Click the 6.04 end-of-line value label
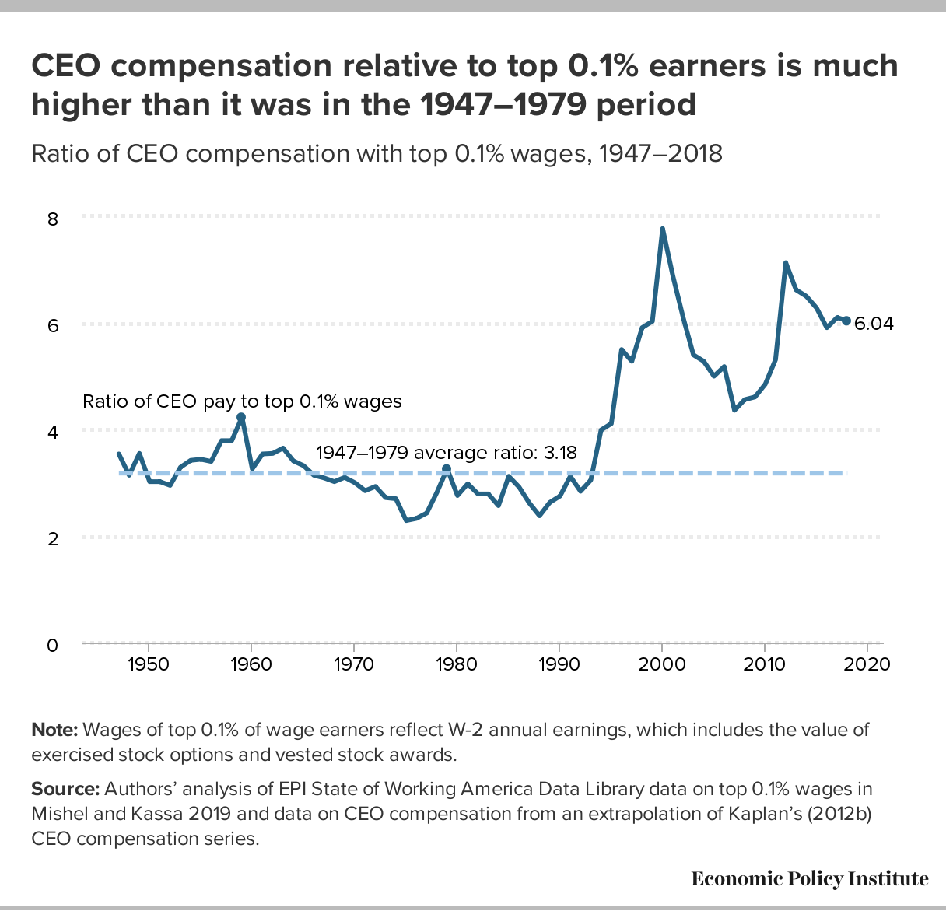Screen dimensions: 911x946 pyautogui.click(x=874, y=324)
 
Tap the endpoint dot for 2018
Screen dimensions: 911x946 pyautogui.click(x=846, y=321)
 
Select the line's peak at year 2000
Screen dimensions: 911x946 pyautogui.click(x=662, y=229)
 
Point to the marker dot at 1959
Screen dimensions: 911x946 pyautogui.click(x=241, y=418)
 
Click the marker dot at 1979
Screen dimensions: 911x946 pyautogui.click(x=447, y=469)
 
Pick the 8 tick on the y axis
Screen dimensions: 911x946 pyautogui.click(x=53, y=219)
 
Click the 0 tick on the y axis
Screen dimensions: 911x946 pyautogui.click(x=53, y=646)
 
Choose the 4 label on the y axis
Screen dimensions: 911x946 pyautogui.click(x=53, y=432)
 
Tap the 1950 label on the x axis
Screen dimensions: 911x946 pyautogui.click(x=148, y=665)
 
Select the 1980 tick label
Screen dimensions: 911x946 pyautogui.click(x=457, y=665)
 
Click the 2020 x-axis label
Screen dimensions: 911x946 pyautogui.click(x=867, y=665)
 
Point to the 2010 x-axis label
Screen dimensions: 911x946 pyautogui.click(x=765, y=665)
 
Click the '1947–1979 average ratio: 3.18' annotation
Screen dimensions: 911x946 pyautogui.click(x=447, y=453)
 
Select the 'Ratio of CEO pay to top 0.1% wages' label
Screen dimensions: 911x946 pyautogui.click(x=242, y=401)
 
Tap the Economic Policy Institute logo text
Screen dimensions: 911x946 pyautogui.click(x=810, y=879)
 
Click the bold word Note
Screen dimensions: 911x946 pyautogui.click(x=54, y=730)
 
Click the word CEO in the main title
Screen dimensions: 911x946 pyautogui.click(x=65, y=67)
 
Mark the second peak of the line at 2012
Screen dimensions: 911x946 pyautogui.click(x=786, y=263)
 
